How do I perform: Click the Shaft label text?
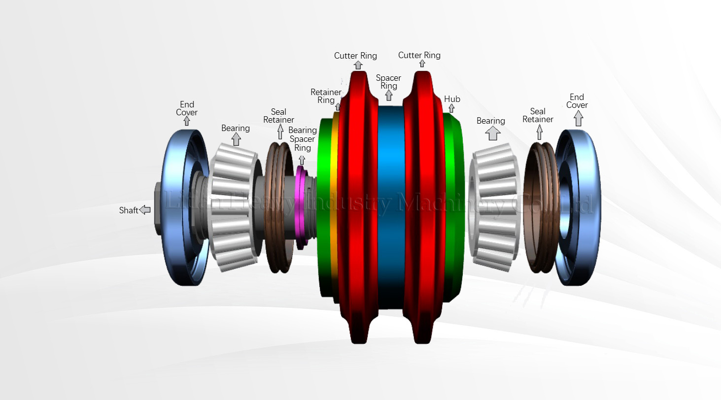click(129, 210)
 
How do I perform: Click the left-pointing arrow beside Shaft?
click(145, 210)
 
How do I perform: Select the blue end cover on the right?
click(586, 207)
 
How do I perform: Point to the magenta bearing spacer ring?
click(300, 207)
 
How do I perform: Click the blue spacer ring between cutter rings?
click(391, 207)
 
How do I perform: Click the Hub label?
click(452, 99)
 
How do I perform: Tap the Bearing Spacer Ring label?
click(302, 139)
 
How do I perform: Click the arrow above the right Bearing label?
click(492, 133)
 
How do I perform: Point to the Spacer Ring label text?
click(388, 82)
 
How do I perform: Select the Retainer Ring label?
click(326, 96)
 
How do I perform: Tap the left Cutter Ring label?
click(355, 56)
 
